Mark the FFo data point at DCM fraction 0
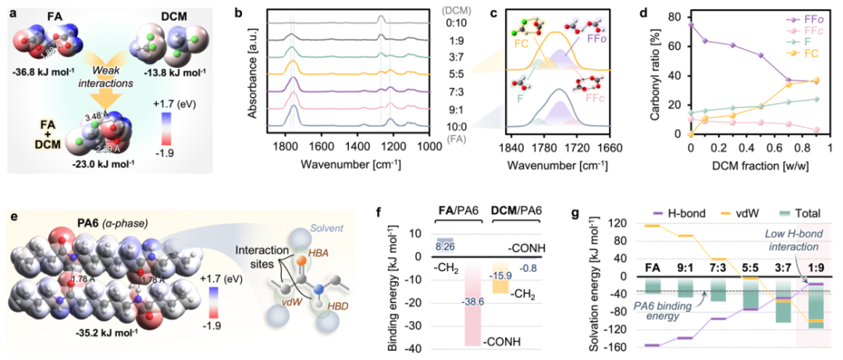pyautogui.click(x=691, y=25)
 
